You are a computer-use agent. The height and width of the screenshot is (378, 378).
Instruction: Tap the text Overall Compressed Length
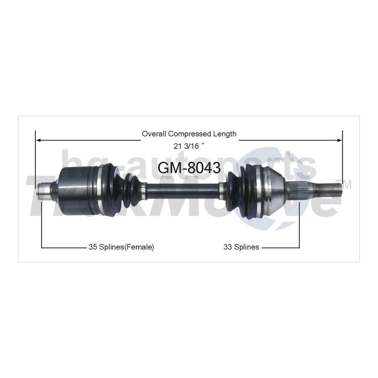tap(189, 134)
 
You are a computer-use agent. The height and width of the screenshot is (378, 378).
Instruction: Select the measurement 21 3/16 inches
tap(189, 146)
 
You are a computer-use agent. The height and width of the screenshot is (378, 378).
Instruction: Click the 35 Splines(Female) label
tap(121, 247)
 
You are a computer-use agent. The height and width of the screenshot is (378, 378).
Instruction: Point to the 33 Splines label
tap(241, 247)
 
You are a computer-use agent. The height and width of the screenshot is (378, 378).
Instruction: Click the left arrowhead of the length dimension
tap(38, 139)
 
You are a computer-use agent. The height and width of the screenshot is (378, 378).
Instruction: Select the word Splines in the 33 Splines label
tap(247, 247)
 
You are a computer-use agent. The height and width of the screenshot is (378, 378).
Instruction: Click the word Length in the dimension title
tap(226, 134)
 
